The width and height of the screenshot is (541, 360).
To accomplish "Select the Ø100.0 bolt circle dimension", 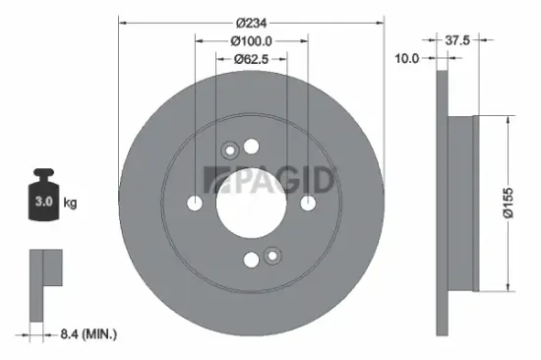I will [x=251, y=40].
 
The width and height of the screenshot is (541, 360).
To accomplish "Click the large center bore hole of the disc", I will [x=251, y=203].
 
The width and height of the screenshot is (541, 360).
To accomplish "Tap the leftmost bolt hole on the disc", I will [x=195, y=204].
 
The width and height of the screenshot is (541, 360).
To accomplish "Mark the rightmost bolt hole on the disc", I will [x=308, y=204].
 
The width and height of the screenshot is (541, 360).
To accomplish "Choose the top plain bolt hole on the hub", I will [x=252, y=147].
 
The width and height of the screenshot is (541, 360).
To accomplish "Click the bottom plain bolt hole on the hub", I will [x=252, y=260].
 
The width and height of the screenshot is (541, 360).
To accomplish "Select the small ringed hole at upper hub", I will [x=231, y=150].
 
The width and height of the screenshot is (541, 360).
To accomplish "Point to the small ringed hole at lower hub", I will [x=271, y=256].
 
